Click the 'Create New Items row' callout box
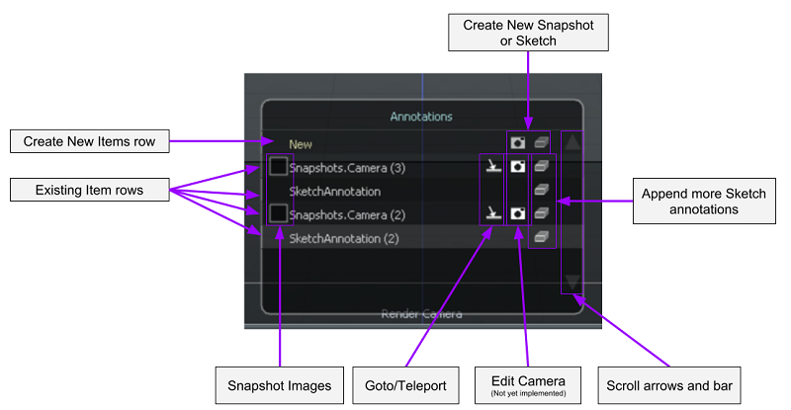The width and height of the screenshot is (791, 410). tap(89, 142)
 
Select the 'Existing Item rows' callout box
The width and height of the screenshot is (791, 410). tap(89, 189)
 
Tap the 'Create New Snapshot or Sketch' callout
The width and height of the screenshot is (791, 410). tap(528, 33)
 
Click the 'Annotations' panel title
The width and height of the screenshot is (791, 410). tap(420, 117)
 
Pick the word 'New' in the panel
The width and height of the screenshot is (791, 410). tap(301, 144)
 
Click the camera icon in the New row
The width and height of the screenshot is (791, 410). tap(517, 144)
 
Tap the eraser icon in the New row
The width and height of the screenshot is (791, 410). tap(541, 144)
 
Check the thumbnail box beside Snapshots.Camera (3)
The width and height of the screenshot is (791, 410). tap(279, 167)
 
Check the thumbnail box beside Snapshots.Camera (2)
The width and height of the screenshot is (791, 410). tap(279, 213)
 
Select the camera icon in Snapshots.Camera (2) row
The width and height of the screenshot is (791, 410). tap(517, 213)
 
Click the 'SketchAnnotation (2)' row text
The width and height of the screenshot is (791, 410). tap(342, 238)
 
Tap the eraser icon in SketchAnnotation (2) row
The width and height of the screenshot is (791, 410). tap(541, 237)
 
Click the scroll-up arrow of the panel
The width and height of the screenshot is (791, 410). tap(572, 142)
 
